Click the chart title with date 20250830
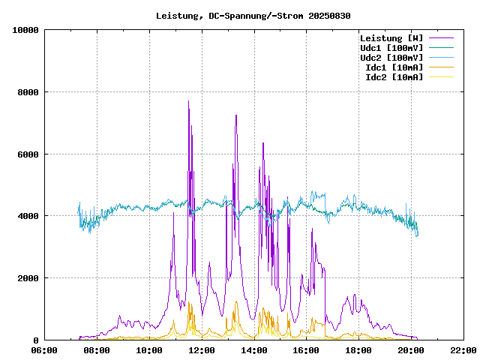pos(253,16)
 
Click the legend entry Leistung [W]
pos(391,38)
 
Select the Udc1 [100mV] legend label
pos(391,48)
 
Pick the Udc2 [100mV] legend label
pos(391,58)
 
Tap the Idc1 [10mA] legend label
pos(394,67)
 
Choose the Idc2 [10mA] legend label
pos(394,77)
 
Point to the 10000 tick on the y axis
pos(26,30)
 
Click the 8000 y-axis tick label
pos(28,92)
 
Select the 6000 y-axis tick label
pos(28,154)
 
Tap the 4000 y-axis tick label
pos(28,216)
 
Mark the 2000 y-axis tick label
pos(28,278)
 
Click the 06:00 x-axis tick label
pos(44,350)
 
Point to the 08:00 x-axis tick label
pos(97,350)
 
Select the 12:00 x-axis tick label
pos(201,350)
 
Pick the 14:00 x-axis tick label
pos(253,350)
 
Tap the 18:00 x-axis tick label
pos(358,350)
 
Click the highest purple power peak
pos(188,101)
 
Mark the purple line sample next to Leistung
pos(442,38)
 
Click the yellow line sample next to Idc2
pos(442,77)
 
